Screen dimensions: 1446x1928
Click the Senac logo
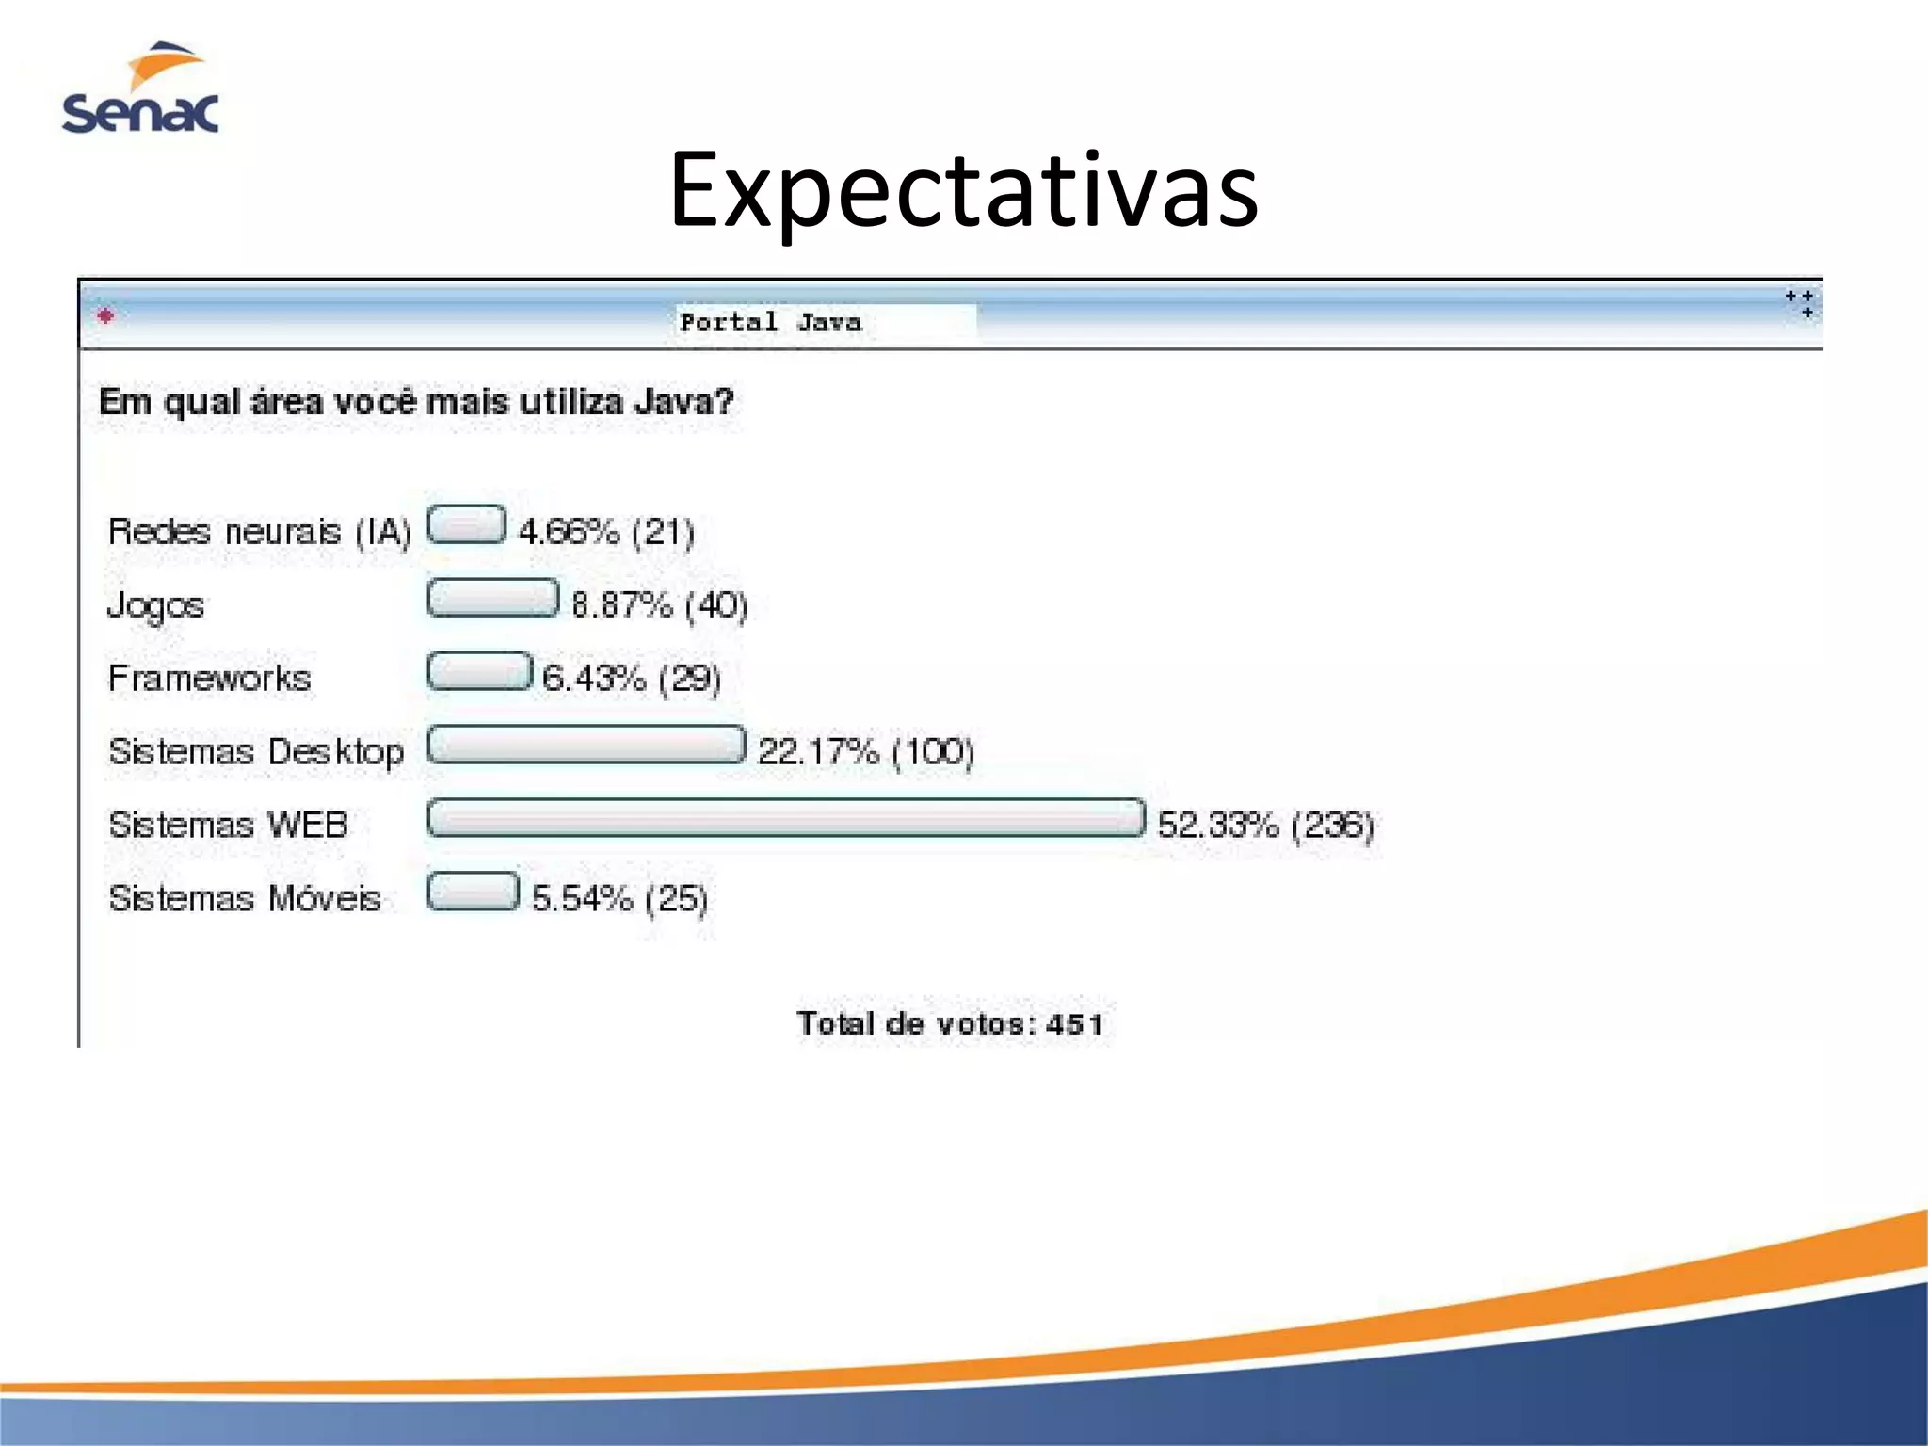[141, 89]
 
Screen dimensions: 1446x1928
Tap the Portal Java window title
[770, 322]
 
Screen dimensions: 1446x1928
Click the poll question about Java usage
[416, 402]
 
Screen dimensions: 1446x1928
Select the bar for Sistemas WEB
[786, 818]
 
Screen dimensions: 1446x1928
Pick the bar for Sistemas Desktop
[586, 745]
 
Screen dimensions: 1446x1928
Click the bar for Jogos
[492, 598]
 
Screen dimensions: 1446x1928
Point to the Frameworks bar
[479, 671]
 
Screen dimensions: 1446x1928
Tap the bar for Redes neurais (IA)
[466, 524]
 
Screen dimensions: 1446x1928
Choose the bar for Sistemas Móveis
[473, 892]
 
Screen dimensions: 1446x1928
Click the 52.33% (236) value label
[1265, 825]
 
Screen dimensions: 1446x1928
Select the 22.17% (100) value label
[865, 751]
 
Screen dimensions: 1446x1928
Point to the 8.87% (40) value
[659, 604]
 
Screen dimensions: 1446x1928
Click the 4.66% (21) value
[606, 532]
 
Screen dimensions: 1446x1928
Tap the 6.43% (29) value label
[631, 678]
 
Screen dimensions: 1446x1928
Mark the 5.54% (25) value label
[619, 898]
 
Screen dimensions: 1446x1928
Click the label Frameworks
[209, 678]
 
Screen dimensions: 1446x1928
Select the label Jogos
[155, 605]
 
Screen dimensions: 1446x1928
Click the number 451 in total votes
[1074, 1023]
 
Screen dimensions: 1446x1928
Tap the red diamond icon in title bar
[105, 315]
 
